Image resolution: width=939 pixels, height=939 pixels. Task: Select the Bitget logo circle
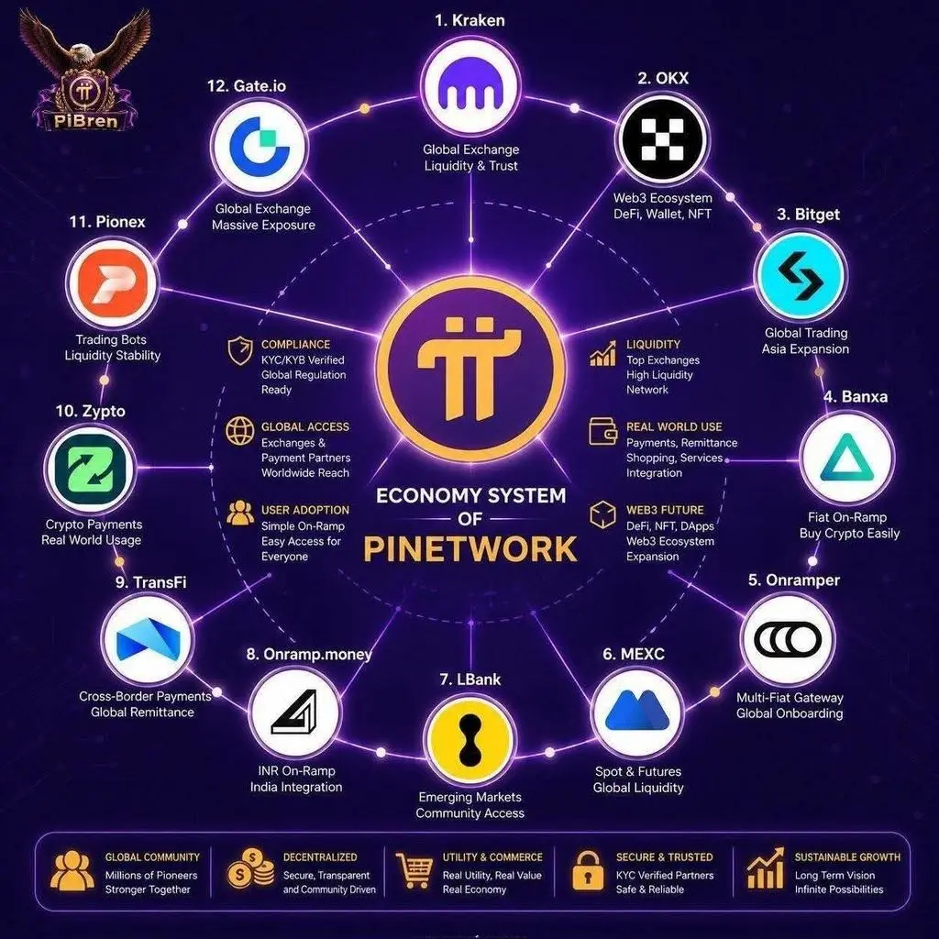click(800, 275)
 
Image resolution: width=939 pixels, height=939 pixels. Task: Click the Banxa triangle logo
click(846, 458)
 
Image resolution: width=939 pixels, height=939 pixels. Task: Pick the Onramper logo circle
click(787, 640)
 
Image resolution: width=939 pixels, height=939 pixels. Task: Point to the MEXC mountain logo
click(637, 713)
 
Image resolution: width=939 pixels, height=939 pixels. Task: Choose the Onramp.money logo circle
click(295, 712)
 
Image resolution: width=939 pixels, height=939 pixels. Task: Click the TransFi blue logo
click(148, 639)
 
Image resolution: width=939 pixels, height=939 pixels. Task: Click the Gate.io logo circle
click(260, 146)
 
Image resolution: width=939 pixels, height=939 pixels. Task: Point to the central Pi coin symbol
click(470, 370)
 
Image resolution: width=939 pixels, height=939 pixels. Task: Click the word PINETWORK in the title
click(470, 548)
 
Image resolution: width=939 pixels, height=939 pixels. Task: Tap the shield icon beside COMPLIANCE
click(239, 350)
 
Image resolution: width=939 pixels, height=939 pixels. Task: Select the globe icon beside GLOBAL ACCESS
click(239, 431)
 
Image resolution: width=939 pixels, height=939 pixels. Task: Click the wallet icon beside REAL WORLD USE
click(602, 431)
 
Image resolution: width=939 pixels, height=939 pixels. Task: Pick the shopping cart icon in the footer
click(414, 870)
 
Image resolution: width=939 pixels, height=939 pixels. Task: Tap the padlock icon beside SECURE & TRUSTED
click(588, 871)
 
